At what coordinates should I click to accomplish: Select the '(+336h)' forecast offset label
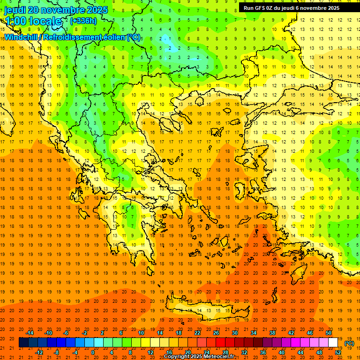click(x=83, y=21)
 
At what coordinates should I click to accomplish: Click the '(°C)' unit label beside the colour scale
click(x=349, y=343)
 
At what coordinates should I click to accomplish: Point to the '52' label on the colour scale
click(x=338, y=352)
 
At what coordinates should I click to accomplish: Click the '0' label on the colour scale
click(x=93, y=352)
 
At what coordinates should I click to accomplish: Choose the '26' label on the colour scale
click(x=216, y=333)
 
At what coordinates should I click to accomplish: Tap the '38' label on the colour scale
click(x=272, y=333)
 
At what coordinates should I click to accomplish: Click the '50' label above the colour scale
click(x=329, y=333)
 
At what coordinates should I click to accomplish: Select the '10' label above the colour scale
click(x=141, y=333)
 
